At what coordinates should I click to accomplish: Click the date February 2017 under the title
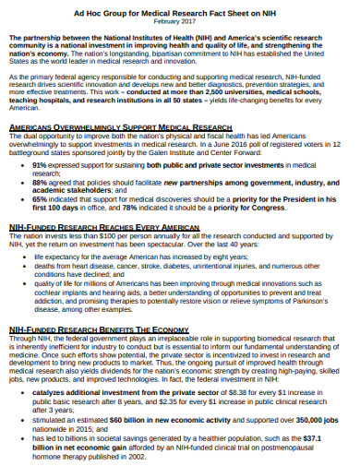click(180, 18)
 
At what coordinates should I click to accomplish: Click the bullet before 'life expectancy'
click(23, 257)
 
